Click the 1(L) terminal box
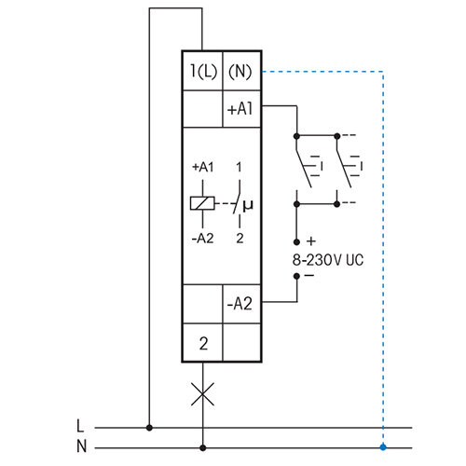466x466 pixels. [202, 72]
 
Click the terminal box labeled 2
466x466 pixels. [202, 343]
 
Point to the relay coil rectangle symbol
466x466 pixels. [199, 202]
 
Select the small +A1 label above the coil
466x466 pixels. [202, 167]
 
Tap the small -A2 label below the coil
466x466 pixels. [202, 239]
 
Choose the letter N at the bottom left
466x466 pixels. [80, 445]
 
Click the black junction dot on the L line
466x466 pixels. [149, 428]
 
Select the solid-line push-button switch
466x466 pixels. [307, 168]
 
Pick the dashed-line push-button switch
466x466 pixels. [347, 168]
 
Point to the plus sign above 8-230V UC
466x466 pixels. [309, 241]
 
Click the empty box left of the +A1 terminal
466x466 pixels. [202, 108]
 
